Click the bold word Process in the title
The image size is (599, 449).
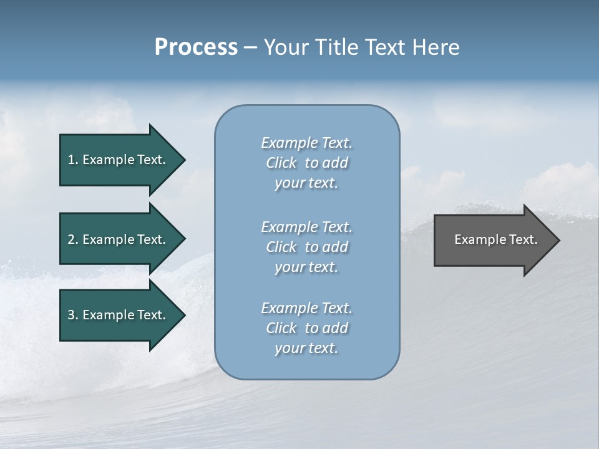pyautogui.click(x=196, y=47)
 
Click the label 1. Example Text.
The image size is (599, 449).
pyautogui.click(x=116, y=160)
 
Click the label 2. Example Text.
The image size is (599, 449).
pyautogui.click(x=116, y=239)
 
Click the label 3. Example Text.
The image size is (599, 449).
pyautogui.click(x=116, y=315)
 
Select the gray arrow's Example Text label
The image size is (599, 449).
pyautogui.click(x=495, y=239)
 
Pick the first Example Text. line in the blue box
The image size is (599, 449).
pyautogui.click(x=306, y=143)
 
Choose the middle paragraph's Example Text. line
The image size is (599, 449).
pyautogui.click(x=306, y=227)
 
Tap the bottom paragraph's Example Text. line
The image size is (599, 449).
pyautogui.click(x=306, y=308)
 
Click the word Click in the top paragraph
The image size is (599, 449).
pyautogui.click(x=281, y=163)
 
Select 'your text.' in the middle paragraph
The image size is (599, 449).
pyautogui.click(x=306, y=267)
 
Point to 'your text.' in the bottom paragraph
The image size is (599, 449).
pyautogui.click(x=306, y=348)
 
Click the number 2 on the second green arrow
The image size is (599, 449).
pyautogui.click(x=71, y=239)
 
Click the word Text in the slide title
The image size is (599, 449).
pyautogui.click(x=385, y=47)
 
